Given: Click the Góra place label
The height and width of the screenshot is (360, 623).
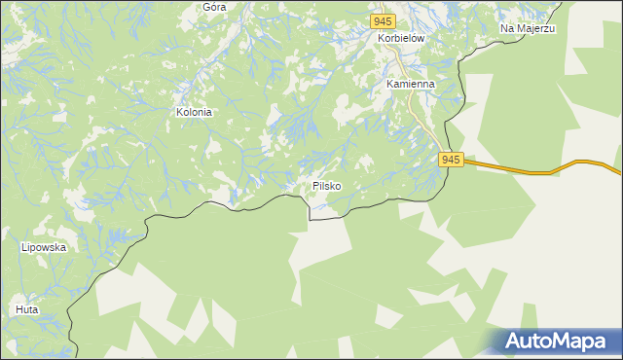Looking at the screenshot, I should (214, 6).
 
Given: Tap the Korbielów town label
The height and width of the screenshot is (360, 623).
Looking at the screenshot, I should (402, 38).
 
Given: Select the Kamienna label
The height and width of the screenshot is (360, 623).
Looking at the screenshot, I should (410, 84).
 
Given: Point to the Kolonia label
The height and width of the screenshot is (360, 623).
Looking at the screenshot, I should (194, 112).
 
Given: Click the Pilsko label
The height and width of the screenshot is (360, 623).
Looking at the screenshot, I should (327, 185).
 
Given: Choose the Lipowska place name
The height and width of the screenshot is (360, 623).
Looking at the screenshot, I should (43, 247).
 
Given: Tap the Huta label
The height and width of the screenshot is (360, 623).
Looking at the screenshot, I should (26, 309).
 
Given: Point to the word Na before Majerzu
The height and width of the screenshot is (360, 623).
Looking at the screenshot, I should (508, 29).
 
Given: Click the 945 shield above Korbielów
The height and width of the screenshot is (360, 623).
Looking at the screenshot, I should (383, 21).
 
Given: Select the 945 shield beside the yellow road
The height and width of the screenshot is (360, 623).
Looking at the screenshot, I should (449, 159).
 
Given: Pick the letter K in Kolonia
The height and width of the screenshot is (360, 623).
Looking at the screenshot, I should (179, 112).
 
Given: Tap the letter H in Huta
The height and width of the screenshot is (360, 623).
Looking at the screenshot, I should (18, 309).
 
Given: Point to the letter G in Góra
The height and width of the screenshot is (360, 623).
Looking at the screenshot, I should (206, 6).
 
